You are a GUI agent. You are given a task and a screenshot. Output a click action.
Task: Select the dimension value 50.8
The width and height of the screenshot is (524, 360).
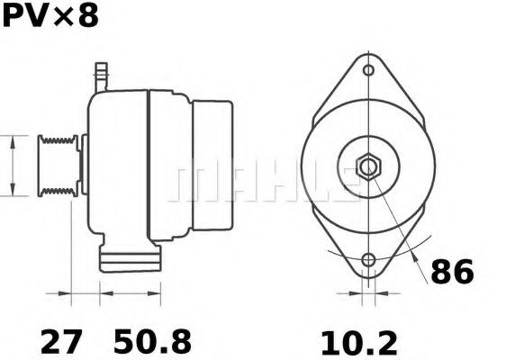coord(152,342)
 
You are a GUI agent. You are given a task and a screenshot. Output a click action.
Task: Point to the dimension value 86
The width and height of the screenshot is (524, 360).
coord(451,272)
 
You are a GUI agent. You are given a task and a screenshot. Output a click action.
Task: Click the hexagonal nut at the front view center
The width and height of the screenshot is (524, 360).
coord(369,166)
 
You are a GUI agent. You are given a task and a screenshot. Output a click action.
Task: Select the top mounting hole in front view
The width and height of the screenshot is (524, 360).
coord(368,70)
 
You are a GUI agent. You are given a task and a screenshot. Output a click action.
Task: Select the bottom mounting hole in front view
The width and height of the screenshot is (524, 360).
coord(368,261)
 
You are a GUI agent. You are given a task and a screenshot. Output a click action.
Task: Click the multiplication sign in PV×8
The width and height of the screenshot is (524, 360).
coord(59,17)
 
